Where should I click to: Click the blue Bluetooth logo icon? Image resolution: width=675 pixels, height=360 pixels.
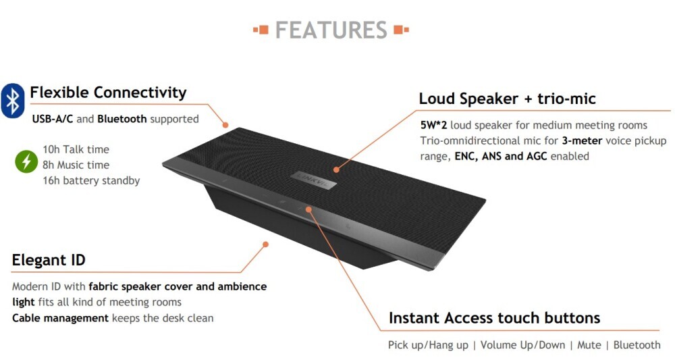pyautogui.click(x=12, y=101)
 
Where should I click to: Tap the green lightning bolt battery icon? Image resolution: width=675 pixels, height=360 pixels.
pyautogui.click(x=27, y=161)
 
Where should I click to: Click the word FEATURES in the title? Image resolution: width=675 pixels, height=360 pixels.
pyautogui.click(x=331, y=30)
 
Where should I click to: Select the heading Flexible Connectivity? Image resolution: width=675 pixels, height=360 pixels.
pyautogui.click(x=108, y=93)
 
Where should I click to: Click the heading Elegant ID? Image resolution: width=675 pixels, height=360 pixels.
pyautogui.click(x=49, y=260)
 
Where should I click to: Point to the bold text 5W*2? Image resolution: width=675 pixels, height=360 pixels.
pyautogui.click(x=433, y=126)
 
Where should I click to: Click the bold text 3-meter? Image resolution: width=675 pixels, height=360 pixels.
pyautogui.click(x=582, y=140)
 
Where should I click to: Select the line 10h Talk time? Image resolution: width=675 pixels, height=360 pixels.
pyautogui.click(x=76, y=149)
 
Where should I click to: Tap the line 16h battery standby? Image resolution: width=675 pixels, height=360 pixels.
pyautogui.click(x=91, y=180)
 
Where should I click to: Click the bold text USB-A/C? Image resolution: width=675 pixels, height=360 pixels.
pyautogui.click(x=53, y=120)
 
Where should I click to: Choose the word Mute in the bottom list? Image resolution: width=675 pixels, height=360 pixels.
pyautogui.click(x=589, y=345)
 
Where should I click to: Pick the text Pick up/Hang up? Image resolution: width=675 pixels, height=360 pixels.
pyautogui.click(x=428, y=345)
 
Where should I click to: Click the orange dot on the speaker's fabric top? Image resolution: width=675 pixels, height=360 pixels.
pyautogui.click(x=336, y=170)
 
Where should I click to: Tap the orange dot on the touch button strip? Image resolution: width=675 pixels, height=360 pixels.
pyautogui.click(x=308, y=209)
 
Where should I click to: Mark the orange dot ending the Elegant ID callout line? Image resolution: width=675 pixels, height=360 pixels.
pyautogui.click(x=265, y=244)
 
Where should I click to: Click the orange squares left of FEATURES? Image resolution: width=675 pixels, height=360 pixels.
pyautogui.click(x=261, y=30)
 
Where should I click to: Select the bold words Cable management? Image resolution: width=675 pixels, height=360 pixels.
pyautogui.click(x=60, y=318)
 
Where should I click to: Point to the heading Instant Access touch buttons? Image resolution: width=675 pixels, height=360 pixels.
pyautogui.click(x=494, y=318)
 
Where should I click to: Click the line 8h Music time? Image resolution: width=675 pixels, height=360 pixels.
pyautogui.click(x=76, y=165)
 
